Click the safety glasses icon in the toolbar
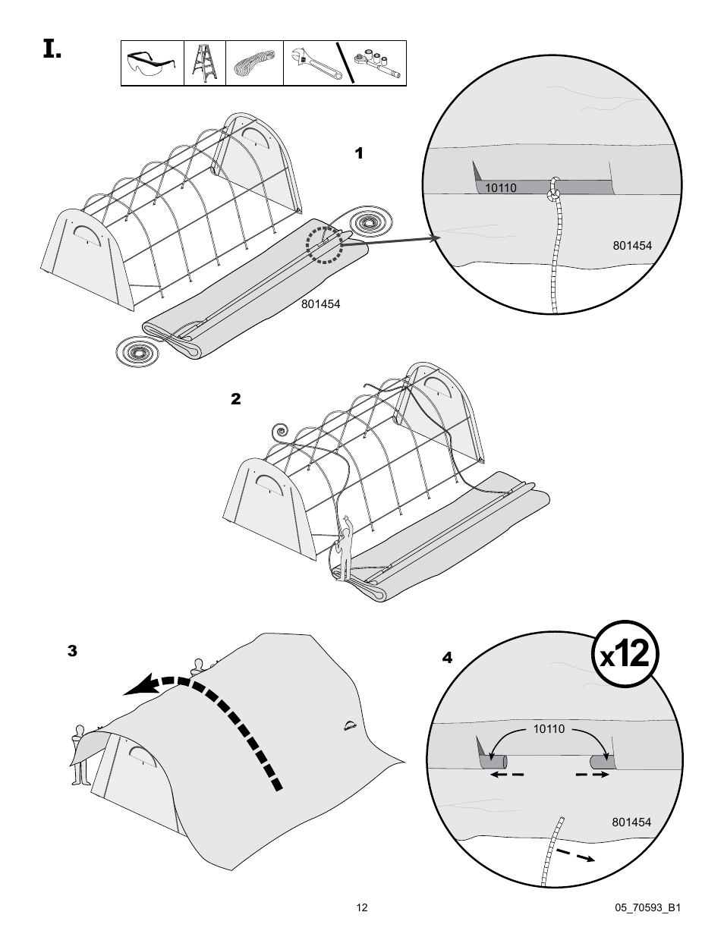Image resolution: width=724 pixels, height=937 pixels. coord(153,64)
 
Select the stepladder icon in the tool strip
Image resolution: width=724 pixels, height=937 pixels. coord(205,63)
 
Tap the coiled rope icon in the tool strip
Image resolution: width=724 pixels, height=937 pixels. coord(254,63)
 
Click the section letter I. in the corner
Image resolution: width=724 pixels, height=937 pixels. coord(52,51)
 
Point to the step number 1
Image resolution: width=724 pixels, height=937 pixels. coord(359,154)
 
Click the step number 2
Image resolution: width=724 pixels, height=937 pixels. coord(235,399)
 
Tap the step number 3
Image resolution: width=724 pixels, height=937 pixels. coord(72,651)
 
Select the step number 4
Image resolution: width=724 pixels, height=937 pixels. coord(447,658)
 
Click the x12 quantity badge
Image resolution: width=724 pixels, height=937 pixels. coord(625,654)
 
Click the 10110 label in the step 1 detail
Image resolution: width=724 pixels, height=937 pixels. coord(500,187)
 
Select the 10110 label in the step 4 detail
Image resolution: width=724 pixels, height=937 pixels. coord(549,728)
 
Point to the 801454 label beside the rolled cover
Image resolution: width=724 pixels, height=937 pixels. coord(320,304)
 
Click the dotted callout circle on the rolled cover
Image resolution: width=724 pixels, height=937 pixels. coord(325,243)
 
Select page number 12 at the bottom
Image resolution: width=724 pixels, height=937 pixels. coord(362,907)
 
